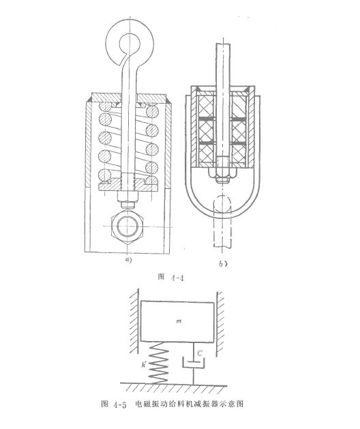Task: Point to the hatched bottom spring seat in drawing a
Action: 127,184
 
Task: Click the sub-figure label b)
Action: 223,262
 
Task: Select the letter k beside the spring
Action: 145,366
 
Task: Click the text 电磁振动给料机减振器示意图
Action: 193,404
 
